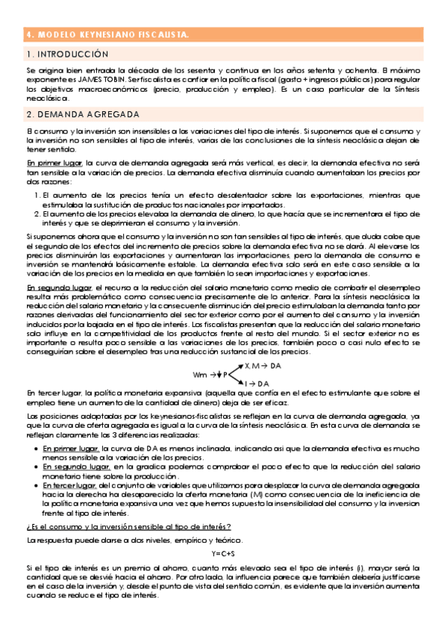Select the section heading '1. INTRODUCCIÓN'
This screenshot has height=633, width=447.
(67, 54)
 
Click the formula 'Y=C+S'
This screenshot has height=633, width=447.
(223, 553)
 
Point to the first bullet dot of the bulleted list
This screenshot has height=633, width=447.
(37, 447)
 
